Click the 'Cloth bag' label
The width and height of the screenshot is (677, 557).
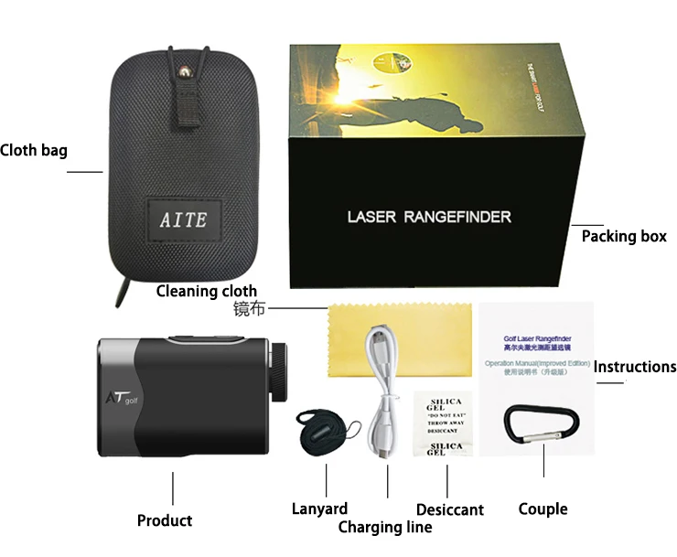[34, 151]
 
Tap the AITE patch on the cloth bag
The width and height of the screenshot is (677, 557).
[184, 220]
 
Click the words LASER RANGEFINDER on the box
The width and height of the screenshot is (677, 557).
[429, 218]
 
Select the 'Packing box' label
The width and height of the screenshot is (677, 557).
[624, 236]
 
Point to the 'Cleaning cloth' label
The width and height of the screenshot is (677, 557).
[207, 291]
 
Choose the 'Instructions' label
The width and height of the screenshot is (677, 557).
[635, 367]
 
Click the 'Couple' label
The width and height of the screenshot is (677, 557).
[543, 509]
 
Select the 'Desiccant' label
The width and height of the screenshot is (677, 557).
[449, 509]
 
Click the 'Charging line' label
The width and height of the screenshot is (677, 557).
[385, 527]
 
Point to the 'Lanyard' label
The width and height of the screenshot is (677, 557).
[319, 509]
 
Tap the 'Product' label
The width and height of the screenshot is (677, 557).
[165, 520]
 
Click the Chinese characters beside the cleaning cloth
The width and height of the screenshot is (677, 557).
[249, 310]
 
